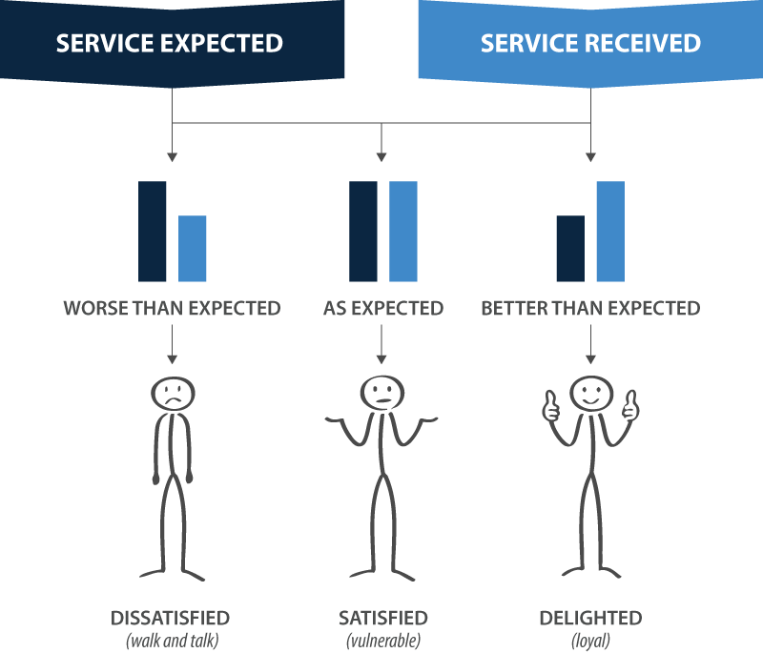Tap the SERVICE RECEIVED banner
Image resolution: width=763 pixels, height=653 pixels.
590,43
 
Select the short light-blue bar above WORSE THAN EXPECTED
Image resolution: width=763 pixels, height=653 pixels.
193,249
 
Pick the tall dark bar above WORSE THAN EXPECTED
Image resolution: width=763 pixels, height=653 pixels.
153,232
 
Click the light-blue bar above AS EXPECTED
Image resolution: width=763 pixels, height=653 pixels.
402,232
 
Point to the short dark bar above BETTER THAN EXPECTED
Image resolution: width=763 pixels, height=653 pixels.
570,249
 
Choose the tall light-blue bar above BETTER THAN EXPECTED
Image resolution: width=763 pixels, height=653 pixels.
610,232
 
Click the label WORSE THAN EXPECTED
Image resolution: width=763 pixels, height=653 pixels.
172,309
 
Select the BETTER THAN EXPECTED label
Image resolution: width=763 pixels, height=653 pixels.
590,309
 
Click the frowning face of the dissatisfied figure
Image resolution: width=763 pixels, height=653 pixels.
172,394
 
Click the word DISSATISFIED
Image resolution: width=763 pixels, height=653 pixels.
171,618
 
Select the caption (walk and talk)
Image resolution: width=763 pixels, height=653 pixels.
171,640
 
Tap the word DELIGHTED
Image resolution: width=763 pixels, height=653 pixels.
590,618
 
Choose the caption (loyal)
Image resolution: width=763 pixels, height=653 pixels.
590,640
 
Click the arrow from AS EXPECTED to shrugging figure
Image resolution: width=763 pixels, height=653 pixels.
381,343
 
